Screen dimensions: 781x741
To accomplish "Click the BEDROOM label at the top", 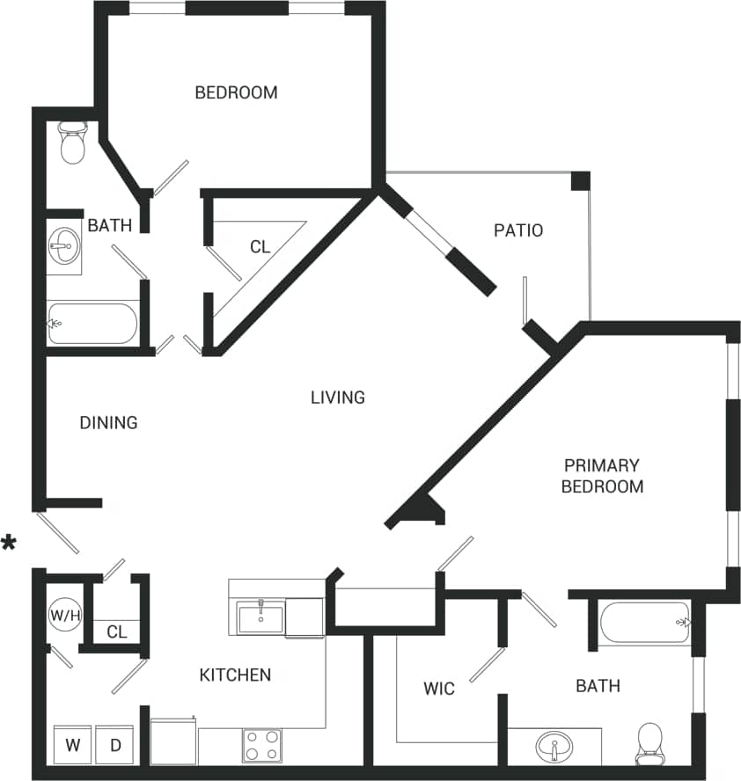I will click(x=236, y=92).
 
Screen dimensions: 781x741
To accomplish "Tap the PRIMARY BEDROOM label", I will click(x=602, y=476).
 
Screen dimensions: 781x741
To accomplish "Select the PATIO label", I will click(x=517, y=231).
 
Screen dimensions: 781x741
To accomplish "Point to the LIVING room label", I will click(x=337, y=398).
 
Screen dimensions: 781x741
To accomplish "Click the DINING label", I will click(x=108, y=423).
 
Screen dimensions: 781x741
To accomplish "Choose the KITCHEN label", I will click(x=235, y=675).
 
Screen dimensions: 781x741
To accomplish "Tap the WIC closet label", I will click(x=439, y=689).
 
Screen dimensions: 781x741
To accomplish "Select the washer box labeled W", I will click(x=71, y=745).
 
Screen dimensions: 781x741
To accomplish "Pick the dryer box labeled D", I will click(x=114, y=745).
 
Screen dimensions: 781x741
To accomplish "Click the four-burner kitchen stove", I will click(x=262, y=745).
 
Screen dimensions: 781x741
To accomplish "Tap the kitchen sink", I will click(x=261, y=618).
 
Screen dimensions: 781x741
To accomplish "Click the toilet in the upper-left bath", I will click(x=71, y=142).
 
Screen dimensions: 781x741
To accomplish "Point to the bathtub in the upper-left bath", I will click(x=92, y=324).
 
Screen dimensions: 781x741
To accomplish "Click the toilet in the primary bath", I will click(x=649, y=743).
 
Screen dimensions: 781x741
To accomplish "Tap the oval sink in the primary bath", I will click(x=554, y=749).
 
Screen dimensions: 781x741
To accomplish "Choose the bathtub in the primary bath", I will click(x=646, y=623).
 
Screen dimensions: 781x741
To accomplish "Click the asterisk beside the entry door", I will click(x=10, y=543).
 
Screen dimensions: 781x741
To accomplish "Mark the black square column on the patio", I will click(x=580, y=180).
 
